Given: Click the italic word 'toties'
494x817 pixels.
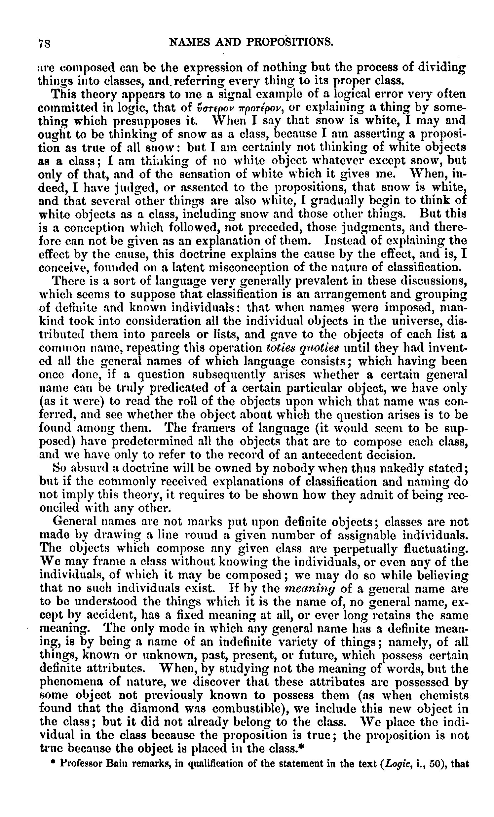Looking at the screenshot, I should coord(281,348).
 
